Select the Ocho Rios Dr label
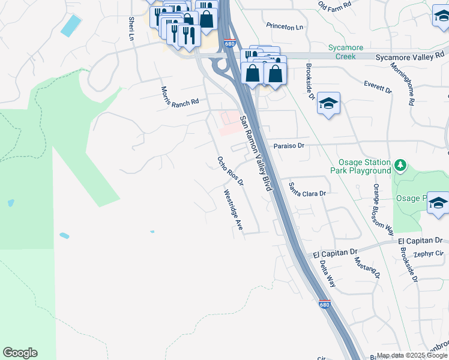click(231, 170)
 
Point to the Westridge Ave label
click(233, 211)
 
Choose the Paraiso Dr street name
click(289, 146)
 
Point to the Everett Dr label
click(378, 86)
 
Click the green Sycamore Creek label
click(342, 52)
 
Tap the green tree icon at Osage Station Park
click(400, 164)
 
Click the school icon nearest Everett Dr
click(328, 104)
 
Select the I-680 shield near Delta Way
click(324, 305)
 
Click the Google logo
click(20, 353)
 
